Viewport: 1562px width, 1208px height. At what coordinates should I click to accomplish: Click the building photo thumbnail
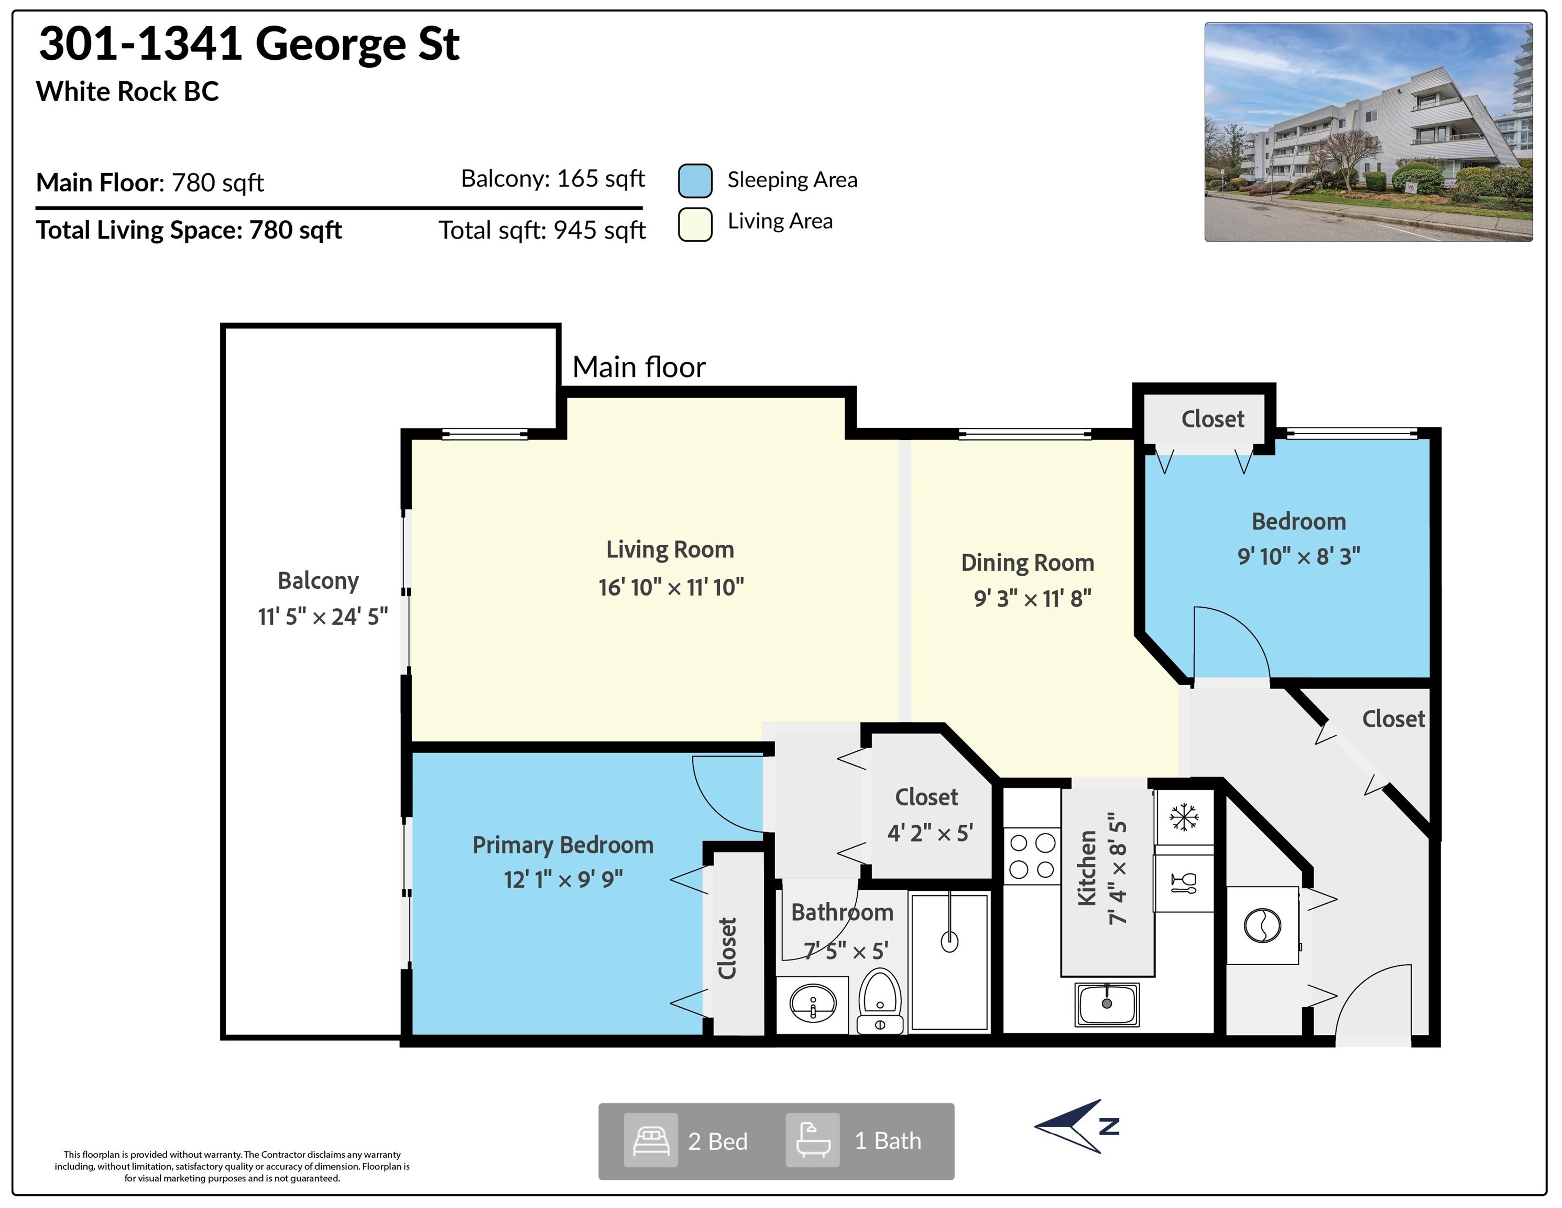tap(1368, 132)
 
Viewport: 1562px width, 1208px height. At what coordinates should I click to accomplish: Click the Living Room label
tap(670, 549)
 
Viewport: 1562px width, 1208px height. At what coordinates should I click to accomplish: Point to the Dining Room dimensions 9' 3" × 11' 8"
tap(1033, 598)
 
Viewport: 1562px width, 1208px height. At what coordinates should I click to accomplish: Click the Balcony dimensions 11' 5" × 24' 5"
tap(323, 616)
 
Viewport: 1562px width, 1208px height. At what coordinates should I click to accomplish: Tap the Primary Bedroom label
tap(563, 845)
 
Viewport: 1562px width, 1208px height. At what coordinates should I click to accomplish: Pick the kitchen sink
tap(1107, 1004)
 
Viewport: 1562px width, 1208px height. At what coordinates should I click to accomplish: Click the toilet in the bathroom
tap(880, 1000)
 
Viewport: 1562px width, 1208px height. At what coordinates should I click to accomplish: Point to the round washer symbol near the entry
tap(1262, 925)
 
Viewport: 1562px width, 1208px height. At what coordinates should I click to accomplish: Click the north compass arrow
tap(1076, 1126)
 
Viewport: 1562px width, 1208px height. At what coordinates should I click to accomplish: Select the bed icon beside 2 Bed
tap(651, 1141)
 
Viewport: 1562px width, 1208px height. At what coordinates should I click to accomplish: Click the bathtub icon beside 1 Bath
tap(813, 1141)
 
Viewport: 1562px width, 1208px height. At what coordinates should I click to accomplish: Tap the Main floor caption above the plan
tap(639, 367)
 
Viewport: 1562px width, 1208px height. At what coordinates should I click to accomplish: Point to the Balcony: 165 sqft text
tap(553, 178)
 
